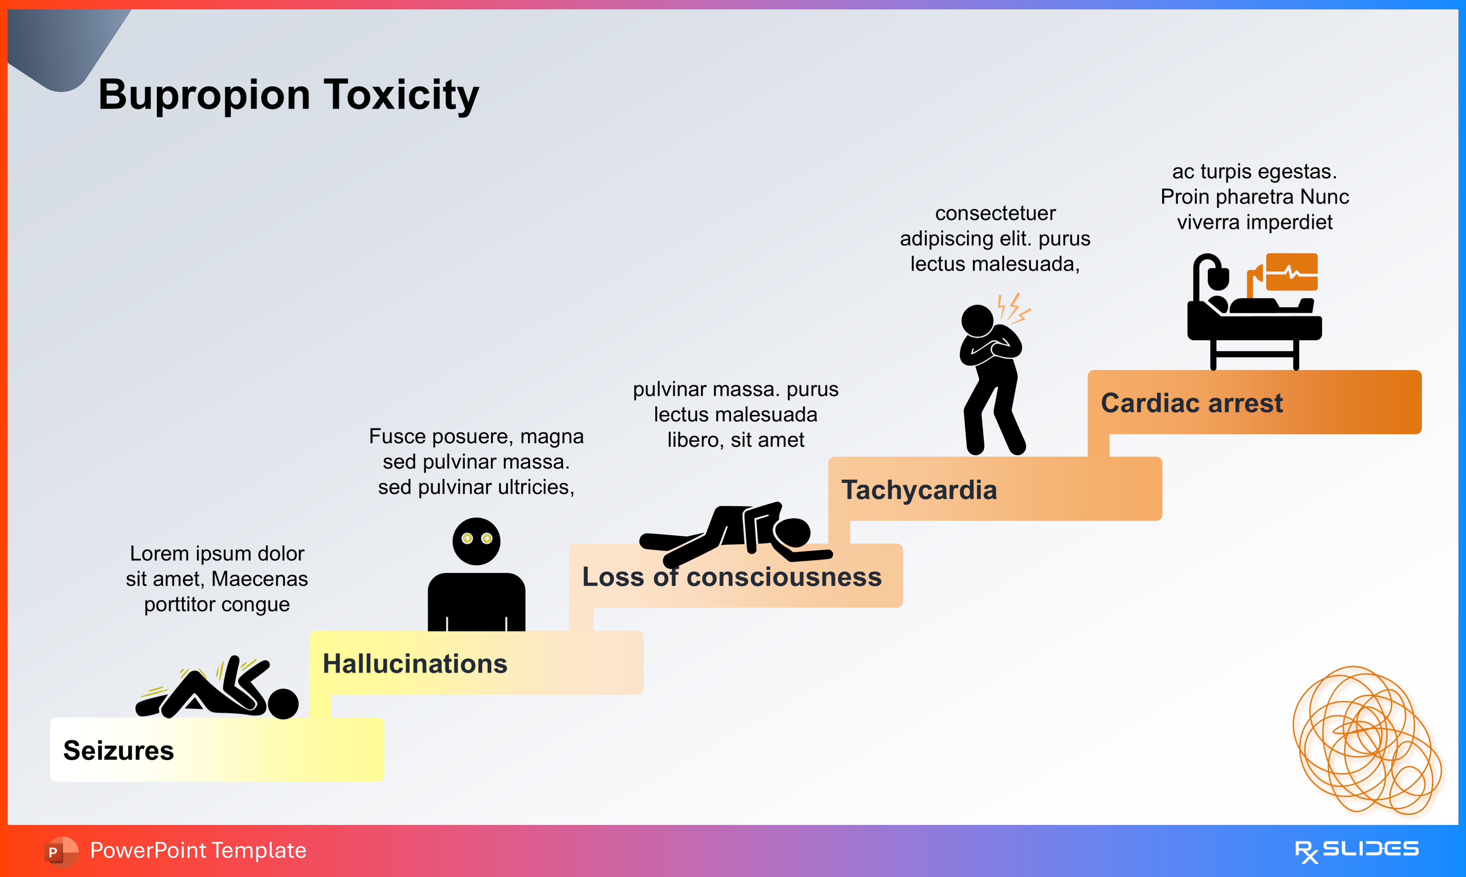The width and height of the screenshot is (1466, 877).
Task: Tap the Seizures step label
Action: point(118,751)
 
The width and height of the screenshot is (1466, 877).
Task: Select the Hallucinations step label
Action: point(415,664)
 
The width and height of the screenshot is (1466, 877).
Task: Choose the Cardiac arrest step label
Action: point(1191,403)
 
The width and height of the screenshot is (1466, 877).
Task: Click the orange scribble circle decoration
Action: point(1366,739)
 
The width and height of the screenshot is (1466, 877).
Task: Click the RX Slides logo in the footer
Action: point(1356,850)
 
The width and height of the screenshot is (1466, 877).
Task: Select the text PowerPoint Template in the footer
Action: point(198,850)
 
